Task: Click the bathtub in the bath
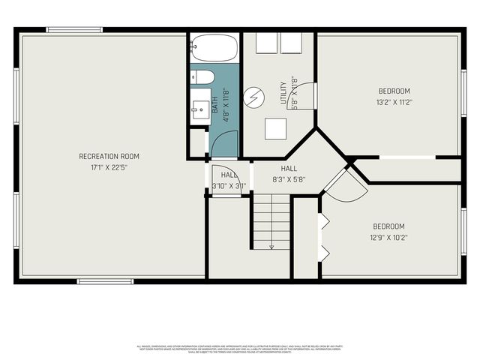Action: (x=214, y=49)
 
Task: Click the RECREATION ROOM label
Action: (x=109, y=156)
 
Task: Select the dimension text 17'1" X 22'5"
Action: (x=109, y=167)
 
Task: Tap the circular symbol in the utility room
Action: (x=257, y=96)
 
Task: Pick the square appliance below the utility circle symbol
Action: (x=275, y=129)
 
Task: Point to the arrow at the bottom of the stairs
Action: (x=271, y=245)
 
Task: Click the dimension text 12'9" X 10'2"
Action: (x=388, y=238)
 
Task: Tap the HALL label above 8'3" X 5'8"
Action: (x=289, y=169)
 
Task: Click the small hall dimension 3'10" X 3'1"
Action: (x=229, y=185)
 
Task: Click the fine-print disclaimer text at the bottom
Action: (x=240, y=349)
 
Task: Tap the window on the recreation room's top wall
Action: (x=75, y=30)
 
